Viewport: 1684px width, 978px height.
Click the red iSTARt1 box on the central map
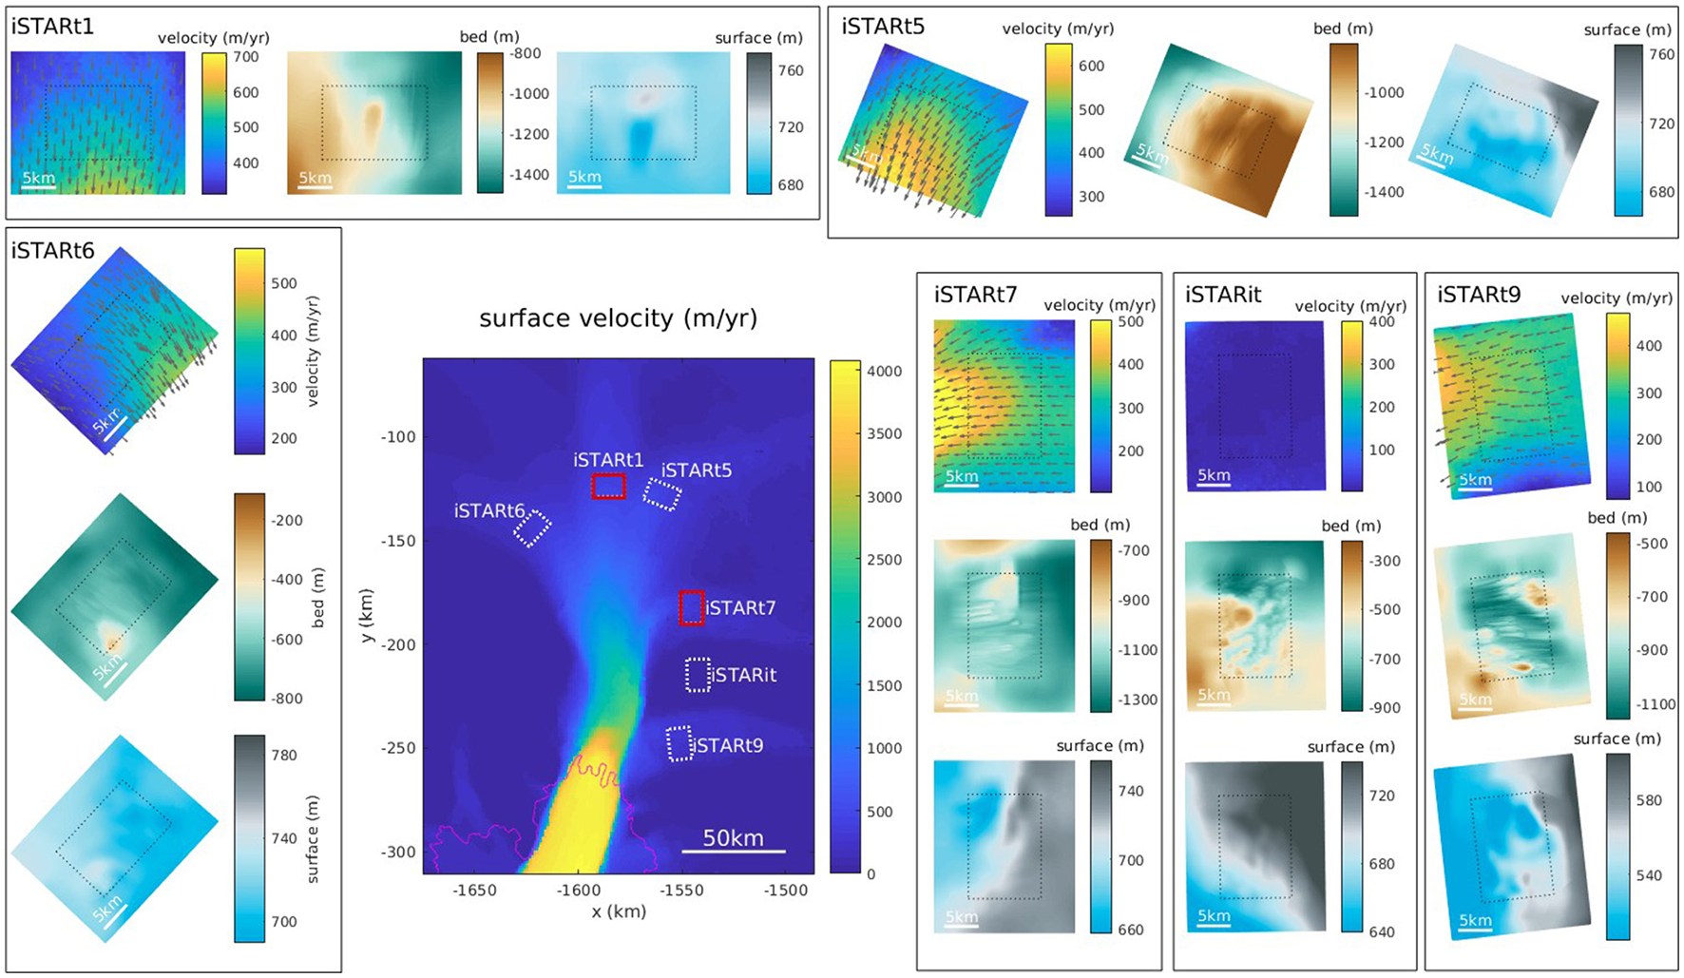pyautogui.click(x=608, y=487)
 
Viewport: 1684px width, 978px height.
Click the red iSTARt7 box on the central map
pyautogui.click(x=691, y=608)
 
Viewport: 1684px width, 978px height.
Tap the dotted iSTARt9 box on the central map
pyautogui.click(x=679, y=744)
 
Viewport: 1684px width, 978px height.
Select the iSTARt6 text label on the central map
pyautogui.click(x=489, y=511)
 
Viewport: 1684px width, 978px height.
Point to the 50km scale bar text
pyautogui.click(x=733, y=838)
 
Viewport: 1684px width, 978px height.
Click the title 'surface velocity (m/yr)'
pyautogui.click(x=618, y=318)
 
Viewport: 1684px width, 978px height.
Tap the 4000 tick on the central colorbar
pyautogui.click(x=884, y=372)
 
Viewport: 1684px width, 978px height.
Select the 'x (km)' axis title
pyautogui.click(x=618, y=911)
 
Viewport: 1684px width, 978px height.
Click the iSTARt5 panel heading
pyautogui.click(x=883, y=27)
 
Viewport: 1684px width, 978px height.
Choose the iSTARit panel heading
pyautogui.click(x=1223, y=295)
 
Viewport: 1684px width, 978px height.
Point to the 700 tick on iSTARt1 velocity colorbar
pyautogui.click(x=245, y=57)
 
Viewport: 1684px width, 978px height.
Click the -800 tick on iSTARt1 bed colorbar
pyautogui.click(x=526, y=54)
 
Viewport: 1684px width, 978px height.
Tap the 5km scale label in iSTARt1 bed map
pyautogui.click(x=315, y=178)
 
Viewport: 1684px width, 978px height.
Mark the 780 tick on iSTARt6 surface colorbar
pyautogui.click(x=283, y=756)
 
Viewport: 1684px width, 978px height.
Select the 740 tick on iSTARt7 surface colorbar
pyautogui.click(x=1130, y=791)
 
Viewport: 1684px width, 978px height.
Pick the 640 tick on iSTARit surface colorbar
pyautogui.click(x=1381, y=932)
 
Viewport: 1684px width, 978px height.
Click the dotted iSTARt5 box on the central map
pyautogui.click(x=662, y=494)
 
